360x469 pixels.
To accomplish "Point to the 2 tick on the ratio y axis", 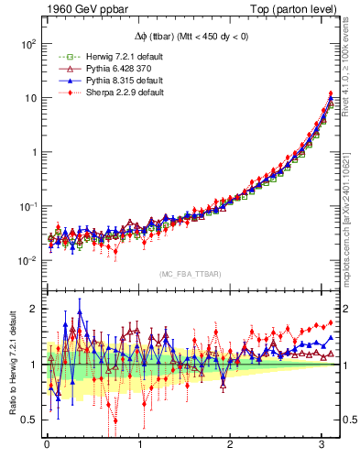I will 33,309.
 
